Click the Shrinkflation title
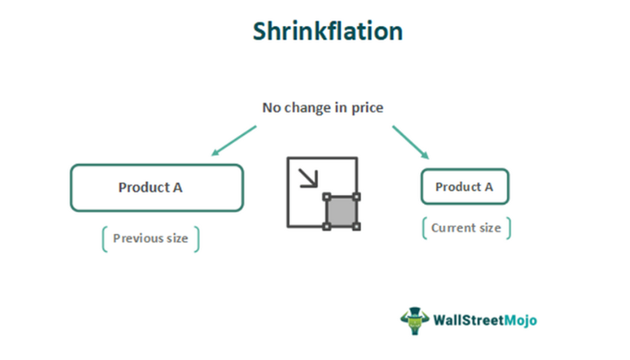327,31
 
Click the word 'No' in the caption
272,108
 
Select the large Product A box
157,187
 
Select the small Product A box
464,186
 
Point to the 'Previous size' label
150,238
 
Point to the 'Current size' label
466,228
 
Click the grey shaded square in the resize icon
340,211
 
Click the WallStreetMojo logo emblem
414,319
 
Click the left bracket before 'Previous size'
105,238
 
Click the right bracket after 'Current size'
508,228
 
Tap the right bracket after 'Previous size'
196,238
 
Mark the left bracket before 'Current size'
425,228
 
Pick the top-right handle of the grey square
355,196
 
